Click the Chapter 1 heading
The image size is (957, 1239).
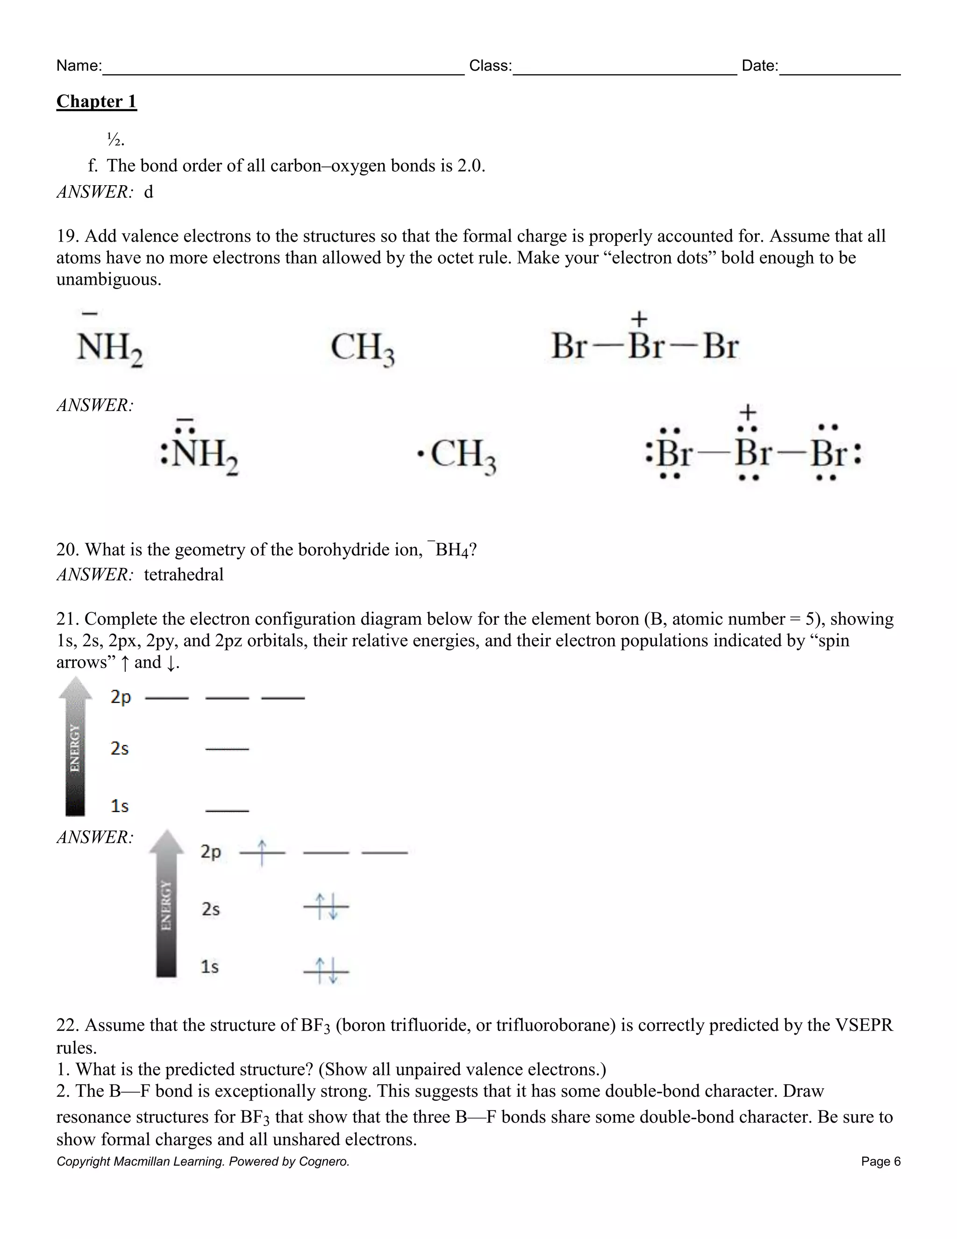96,101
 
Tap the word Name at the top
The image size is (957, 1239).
78,66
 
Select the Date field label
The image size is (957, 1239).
759,66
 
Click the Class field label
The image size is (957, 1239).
490,66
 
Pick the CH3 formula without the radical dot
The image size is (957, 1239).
362,347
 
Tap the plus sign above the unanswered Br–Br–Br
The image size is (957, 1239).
639,319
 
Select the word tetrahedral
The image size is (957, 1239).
184,575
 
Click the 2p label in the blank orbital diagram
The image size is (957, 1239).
121,697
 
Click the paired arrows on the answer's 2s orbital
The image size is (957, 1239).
327,906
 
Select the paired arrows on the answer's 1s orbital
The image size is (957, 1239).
327,970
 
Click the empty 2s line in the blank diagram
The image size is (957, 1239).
227,749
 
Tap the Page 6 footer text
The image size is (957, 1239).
880,1161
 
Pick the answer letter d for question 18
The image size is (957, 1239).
149,192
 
